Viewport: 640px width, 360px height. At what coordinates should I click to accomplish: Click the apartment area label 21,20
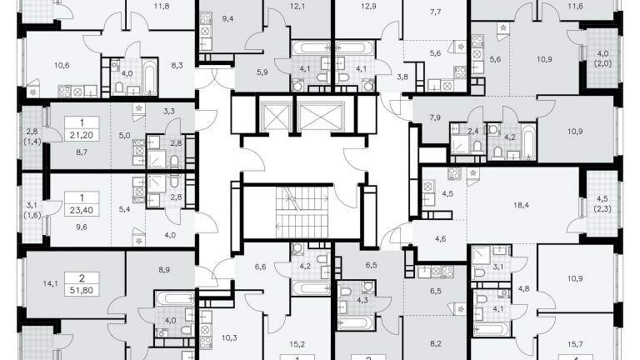[82, 135]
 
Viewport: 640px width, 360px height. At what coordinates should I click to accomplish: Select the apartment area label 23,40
[82, 210]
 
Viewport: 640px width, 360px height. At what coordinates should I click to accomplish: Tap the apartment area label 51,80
[82, 291]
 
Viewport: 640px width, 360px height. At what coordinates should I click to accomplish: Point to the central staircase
[302, 212]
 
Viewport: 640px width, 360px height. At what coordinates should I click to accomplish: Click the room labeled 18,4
[521, 205]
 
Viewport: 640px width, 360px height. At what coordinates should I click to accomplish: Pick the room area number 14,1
[51, 283]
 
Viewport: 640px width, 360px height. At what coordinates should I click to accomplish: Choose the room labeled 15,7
[575, 344]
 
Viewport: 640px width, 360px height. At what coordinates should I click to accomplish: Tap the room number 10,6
[62, 65]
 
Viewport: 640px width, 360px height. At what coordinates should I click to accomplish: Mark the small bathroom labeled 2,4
[472, 132]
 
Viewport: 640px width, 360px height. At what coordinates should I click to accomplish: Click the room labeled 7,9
[435, 118]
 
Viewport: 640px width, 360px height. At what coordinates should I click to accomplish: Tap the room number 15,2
[297, 344]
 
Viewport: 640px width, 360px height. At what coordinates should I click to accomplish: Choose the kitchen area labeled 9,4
[227, 18]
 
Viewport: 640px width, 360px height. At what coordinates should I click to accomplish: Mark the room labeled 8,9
[164, 269]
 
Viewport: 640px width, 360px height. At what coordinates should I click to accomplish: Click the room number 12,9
[368, 6]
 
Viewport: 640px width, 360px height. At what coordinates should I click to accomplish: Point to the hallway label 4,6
[440, 239]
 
